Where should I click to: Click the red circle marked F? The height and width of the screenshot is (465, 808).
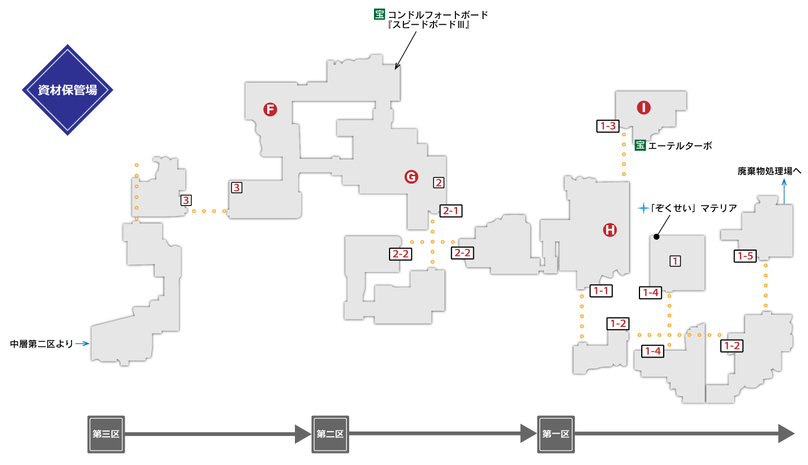(x=270, y=109)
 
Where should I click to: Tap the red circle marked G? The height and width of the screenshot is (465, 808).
(x=411, y=177)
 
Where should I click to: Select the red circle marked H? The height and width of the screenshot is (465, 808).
(x=610, y=230)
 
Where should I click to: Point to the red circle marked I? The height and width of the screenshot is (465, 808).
(x=644, y=107)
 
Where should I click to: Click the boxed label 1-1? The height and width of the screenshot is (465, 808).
(x=601, y=291)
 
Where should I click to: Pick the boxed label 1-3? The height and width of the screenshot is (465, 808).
(x=608, y=126)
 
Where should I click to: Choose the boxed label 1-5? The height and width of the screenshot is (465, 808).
(x=745, y=256)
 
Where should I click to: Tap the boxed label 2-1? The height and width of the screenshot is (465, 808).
(x=451, y=210)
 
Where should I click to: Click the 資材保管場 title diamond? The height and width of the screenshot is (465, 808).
(x=68, y=90)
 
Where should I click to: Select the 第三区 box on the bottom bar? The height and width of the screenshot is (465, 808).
(x=106, y=434)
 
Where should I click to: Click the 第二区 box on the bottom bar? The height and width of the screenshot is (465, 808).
(x=330, y=434)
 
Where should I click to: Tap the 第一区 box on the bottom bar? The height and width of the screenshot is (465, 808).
(x=556, y=434)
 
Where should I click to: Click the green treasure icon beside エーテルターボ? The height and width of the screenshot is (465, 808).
(x=640, y=145)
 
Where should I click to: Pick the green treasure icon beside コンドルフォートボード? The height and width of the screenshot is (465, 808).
(x=380, y=14)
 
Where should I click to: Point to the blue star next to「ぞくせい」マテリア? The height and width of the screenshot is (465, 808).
(x=643, y=209)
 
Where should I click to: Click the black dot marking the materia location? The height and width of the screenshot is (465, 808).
(x=657, y=237)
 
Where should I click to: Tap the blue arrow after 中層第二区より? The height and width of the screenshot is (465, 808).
(x=83, y=344)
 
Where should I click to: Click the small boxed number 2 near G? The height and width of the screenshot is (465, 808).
(x=439, y=183)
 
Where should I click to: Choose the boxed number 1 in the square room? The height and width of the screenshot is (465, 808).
(x=675, y=261)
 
